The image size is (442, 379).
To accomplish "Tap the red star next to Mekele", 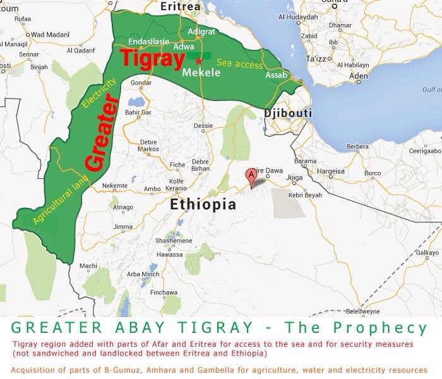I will [198, 61].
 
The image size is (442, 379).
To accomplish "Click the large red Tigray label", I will [150, 57].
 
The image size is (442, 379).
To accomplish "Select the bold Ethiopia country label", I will [203, 204].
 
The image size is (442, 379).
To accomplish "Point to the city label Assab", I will [277, 75].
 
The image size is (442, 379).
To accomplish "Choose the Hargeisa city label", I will [331, 171].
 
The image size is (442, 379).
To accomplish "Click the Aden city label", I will [358, 76].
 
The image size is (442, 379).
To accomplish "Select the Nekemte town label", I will [114, 186].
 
